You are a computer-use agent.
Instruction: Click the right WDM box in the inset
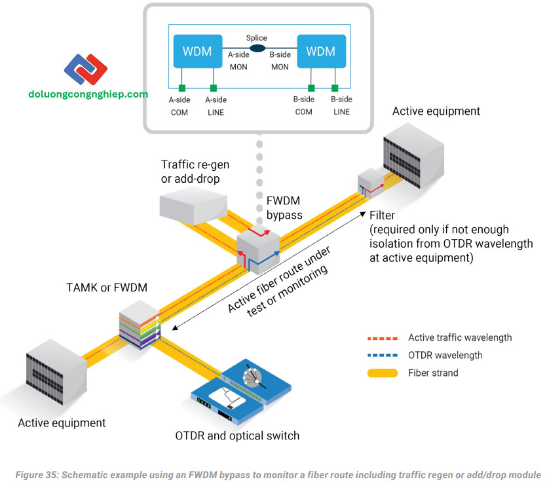click(x=320, y=51)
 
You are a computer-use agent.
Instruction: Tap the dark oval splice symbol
click(x=257, y=48)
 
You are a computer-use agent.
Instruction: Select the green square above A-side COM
click(x=183, y=88)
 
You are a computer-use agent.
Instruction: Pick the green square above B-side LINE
click(x=335, y=88)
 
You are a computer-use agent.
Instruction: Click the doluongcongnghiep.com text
click(x=88, y=94)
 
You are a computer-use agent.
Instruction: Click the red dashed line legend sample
click(x=382, y=338)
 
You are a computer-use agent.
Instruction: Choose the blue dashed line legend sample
click(x=382, y=356)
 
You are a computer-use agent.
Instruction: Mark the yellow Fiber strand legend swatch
click(x=382, y=373)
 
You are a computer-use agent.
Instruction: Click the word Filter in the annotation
click(x=384, y=215)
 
